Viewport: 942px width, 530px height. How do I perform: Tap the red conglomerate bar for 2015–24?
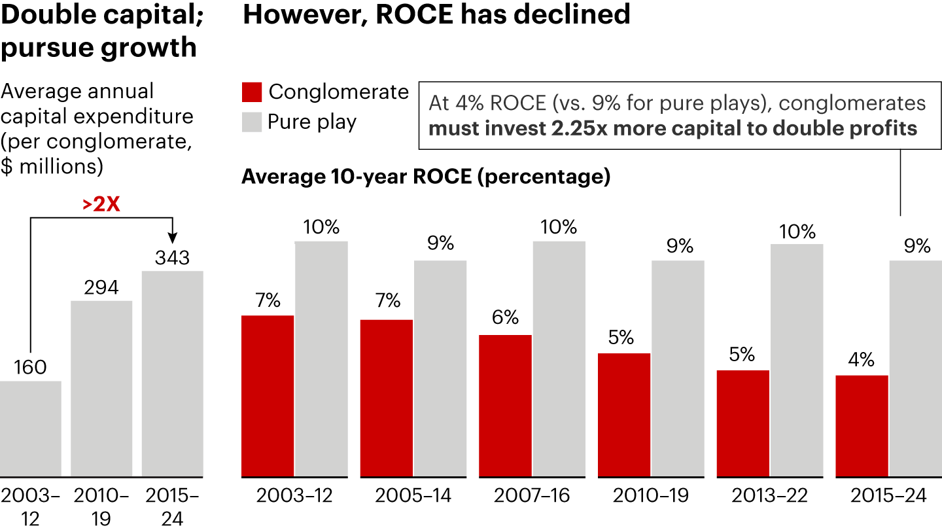[x=862, y=425]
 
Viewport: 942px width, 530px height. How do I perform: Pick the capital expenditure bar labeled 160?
[x=31, y=429]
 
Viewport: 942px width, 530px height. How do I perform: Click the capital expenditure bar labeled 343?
[x=172, y=373]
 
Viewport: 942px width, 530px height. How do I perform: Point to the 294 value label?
[x=101, y=288]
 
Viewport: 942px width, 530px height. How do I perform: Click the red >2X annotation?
[x=101, y=205]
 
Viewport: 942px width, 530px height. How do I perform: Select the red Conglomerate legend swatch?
[x=252, y=92]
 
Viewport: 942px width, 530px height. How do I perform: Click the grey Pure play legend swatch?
[x=252, y=122]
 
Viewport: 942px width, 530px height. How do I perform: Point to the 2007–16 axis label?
[x=532, y=495]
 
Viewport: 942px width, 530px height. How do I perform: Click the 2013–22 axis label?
[x=769, y=495]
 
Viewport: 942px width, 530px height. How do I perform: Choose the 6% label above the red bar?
[x=505, y=317]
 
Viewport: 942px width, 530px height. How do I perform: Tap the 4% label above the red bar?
[x=862, y=360]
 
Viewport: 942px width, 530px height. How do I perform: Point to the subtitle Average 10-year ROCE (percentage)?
[x=426, y=177]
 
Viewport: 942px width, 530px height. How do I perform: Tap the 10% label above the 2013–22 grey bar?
[x=797, y=232]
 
